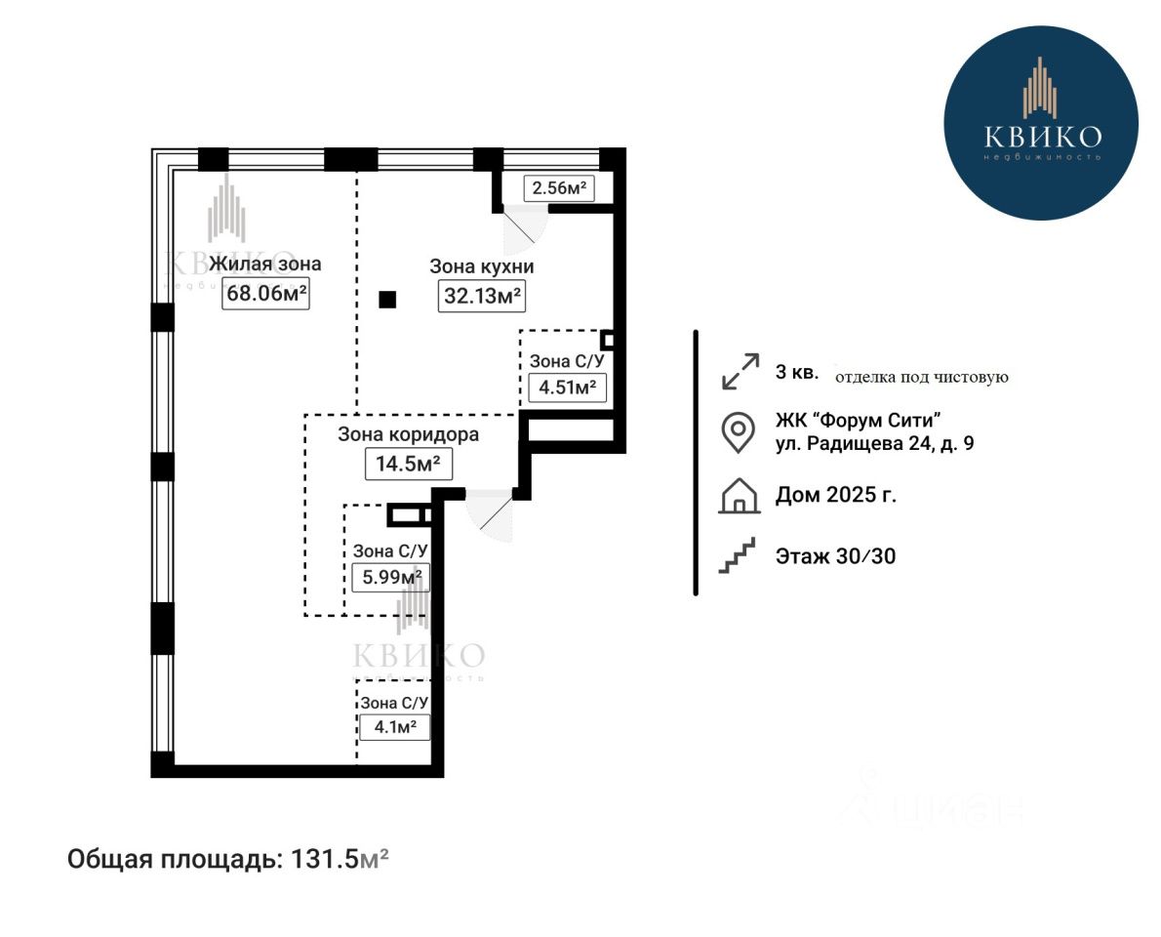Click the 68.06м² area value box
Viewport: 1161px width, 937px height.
coord(265,293)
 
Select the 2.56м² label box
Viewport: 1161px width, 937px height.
coord(559,188)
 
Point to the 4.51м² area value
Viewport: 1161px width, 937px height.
coord(567,387)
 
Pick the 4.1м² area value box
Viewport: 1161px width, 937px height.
coord(394,727)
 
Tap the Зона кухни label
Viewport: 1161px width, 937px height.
coord(482,266)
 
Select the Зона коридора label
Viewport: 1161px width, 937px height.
coord(408,434)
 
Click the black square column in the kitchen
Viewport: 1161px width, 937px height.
coord(388,300)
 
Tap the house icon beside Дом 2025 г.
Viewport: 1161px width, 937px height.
coord(739,496)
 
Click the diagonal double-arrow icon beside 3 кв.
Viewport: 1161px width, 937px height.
coord(740,372)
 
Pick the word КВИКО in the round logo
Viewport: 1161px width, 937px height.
coord(1042,136)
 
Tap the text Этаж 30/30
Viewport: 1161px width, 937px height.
coord(835,556)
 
